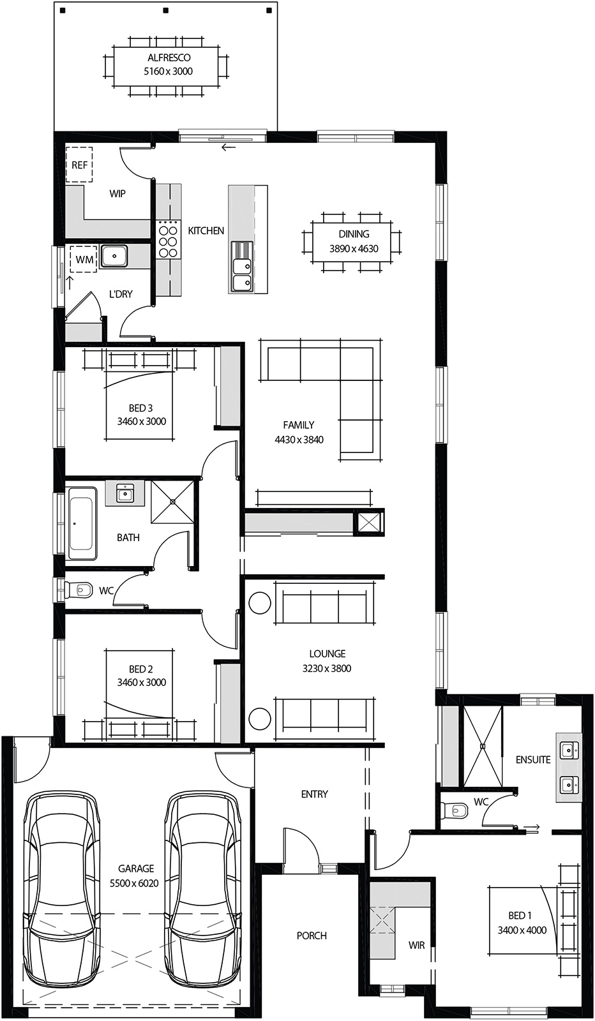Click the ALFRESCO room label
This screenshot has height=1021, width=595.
pos(169,57)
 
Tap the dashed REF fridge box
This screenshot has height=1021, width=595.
pos(80,165)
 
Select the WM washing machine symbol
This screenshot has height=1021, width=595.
pos(84,259)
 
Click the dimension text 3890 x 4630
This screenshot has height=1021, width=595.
pos(354,249)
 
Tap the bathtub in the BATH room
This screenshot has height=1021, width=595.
pos(82,523)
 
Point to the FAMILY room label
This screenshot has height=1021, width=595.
pos(299,425)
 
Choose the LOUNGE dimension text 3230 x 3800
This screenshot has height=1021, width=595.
pos(327,668)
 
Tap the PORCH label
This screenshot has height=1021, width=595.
pos(312,935)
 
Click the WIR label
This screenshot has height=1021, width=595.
pos(416,945)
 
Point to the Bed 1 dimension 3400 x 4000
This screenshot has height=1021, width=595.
pos(522,930)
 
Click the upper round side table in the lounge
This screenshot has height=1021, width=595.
pos(260,603)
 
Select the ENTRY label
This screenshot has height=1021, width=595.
pos(314,794)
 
